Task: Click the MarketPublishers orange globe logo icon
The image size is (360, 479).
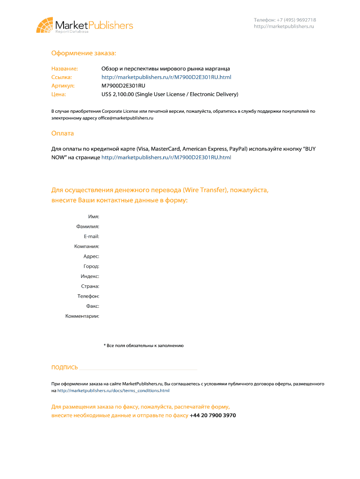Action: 44,25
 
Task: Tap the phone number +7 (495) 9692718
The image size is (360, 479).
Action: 296,20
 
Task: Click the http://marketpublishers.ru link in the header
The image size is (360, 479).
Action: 284,27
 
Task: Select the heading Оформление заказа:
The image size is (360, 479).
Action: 84,54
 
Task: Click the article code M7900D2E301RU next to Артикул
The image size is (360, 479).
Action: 123,86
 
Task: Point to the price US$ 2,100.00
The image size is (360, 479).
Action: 118,94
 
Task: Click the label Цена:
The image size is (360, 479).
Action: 59,94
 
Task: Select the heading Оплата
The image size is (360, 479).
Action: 63,133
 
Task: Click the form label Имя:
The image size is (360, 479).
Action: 94,217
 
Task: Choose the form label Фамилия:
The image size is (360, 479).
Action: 88,226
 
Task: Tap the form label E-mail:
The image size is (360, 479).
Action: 91,237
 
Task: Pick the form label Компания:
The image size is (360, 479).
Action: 86,247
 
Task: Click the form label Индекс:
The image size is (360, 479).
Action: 89,276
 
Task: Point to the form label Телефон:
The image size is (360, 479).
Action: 88,296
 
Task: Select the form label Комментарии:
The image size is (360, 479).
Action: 82,316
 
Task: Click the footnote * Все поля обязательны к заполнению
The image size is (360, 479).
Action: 144,346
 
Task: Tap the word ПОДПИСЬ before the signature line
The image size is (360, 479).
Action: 65,368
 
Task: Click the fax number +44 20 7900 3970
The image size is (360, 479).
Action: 213,415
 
